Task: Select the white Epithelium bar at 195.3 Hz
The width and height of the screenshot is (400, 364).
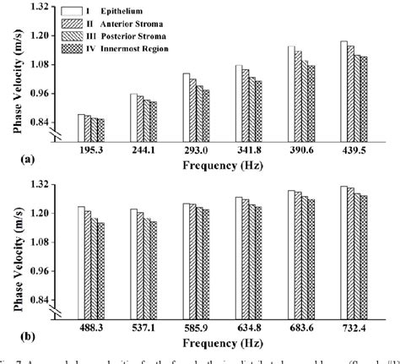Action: click(80, 124)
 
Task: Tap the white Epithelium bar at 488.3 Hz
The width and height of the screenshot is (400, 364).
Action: click(80, 258)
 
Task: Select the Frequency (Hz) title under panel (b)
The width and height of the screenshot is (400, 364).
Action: click(222, 339)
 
